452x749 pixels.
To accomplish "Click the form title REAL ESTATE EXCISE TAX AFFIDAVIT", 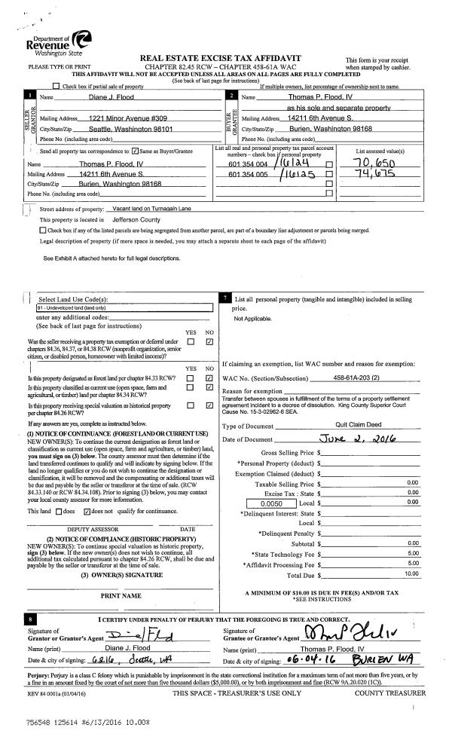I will click(x=221, y=58).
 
